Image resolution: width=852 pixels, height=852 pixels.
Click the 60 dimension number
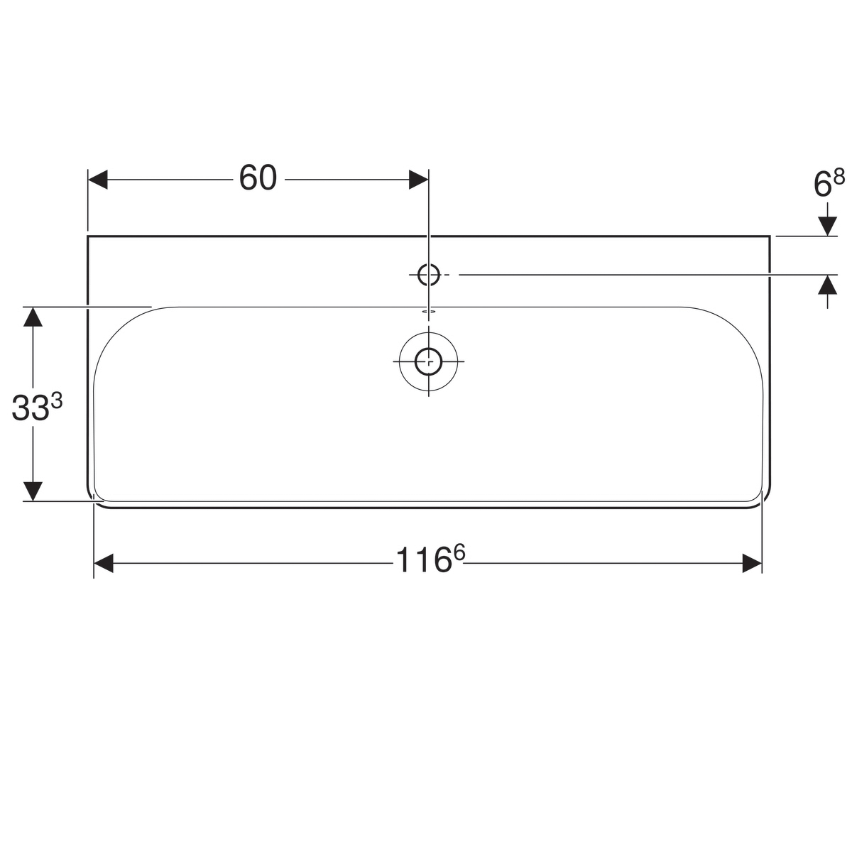click(x=258, y=177)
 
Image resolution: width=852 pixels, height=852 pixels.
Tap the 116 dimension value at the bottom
click(x=422, y=559)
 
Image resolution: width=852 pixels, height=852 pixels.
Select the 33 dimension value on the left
click(x=30, y=408)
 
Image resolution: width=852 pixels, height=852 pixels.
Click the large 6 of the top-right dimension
click(x=822, y=185)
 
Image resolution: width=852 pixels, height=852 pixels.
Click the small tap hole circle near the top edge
click(x=428, y=275)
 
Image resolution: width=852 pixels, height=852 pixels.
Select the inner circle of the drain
click(x=428, y=361)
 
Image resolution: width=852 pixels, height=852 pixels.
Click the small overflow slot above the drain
click(x=428, y=311)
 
